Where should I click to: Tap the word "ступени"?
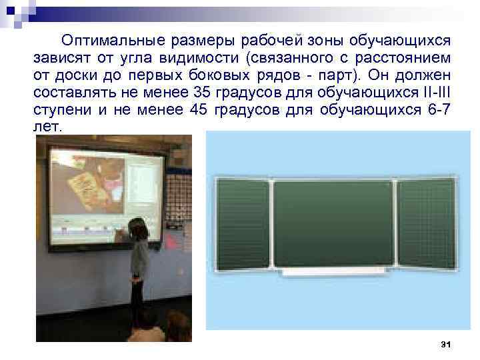[61, 109]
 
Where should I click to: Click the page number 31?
[446, 343]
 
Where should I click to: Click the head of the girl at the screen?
[137, 227]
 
